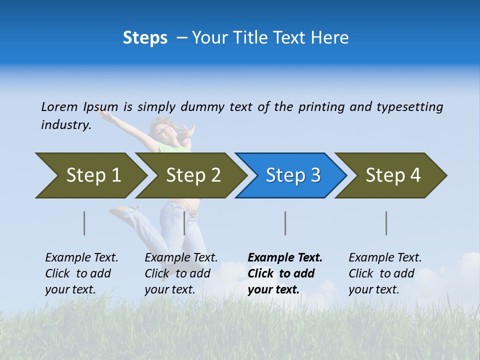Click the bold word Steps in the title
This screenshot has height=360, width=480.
tap(145, 38)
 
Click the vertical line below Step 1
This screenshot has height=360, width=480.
tap(84, 223)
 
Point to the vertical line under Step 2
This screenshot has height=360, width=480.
tap(184, 223)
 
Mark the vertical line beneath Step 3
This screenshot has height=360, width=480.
tap(285, 223)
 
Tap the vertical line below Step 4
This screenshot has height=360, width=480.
tap(386, 223)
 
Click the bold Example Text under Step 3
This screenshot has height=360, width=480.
tap(285, 257)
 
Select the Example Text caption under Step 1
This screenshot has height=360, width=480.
tap(81, 257)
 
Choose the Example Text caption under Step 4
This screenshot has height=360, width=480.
tap(385, 257)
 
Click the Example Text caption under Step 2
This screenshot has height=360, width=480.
tap(181, 257)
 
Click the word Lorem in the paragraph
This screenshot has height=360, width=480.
tap(59, 106)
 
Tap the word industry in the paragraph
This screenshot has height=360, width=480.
tap(65, 124)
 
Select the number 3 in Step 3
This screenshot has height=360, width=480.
tap(315, 175)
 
